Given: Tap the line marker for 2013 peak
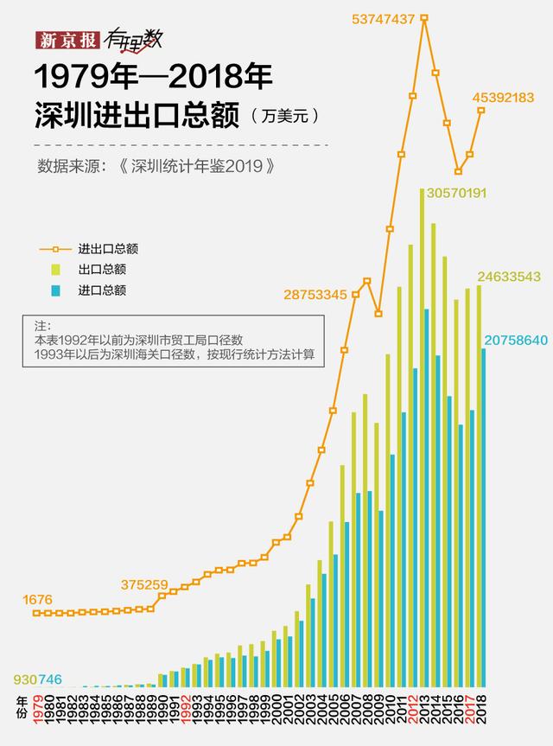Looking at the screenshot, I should [424, 17].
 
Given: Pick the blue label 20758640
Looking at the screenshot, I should [517, 340].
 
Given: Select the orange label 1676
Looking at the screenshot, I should [38, 598].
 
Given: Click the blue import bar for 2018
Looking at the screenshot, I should [484, 519].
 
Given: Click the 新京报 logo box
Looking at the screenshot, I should [67, 40].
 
